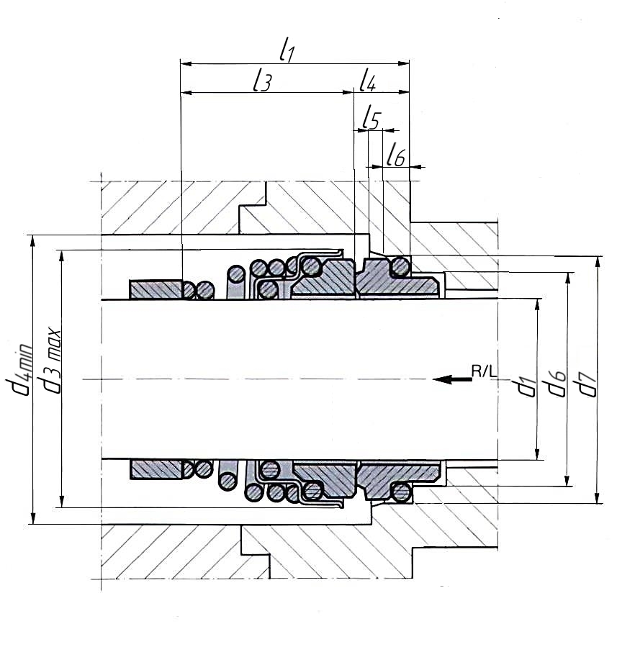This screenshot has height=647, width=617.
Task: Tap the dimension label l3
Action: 263,80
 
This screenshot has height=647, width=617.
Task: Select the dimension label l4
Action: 367,80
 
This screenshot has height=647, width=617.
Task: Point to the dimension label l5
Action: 371,119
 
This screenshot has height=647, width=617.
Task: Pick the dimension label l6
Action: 396,155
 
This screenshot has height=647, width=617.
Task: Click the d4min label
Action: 19,368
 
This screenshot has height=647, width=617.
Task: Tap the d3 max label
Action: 50,361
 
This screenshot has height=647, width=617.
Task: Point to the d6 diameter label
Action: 556,384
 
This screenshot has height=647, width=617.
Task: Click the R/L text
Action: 484,371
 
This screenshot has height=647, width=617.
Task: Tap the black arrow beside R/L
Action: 453,379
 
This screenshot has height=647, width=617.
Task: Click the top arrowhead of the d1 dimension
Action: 537,304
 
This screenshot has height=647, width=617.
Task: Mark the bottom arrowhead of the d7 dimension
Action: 597,497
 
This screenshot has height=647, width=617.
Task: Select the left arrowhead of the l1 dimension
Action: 186,63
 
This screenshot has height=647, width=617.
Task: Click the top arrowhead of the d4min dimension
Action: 33,241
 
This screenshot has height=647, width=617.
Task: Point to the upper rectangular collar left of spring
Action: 156,289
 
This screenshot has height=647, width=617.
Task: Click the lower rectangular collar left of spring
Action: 156,469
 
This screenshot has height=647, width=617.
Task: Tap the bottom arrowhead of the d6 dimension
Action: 568,480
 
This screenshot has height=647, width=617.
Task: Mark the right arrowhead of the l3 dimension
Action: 348,92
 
